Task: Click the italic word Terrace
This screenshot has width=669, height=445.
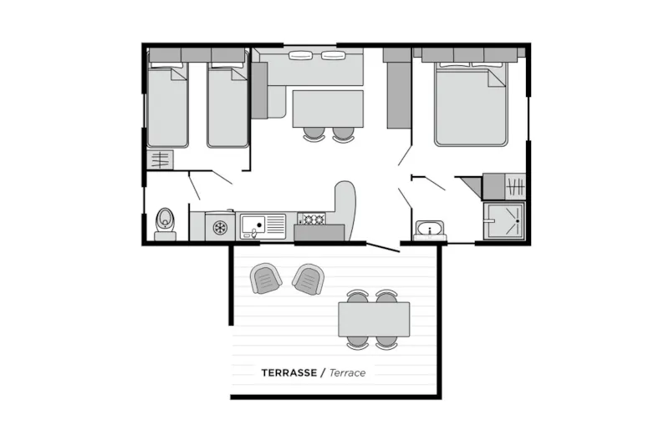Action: click(347, 373)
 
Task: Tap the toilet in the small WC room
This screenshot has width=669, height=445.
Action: click(165, 225)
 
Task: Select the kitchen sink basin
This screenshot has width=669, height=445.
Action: click(253, 225)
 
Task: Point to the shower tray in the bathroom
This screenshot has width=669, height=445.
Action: click(504, 221)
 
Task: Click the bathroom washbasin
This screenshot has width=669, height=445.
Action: click(430, 230)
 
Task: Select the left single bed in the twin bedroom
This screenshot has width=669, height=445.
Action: click(168, 104)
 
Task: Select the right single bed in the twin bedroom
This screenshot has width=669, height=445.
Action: click(227, 104)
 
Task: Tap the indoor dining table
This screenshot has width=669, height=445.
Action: click(328, 109)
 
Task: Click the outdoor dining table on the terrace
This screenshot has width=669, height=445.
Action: click(374, 320)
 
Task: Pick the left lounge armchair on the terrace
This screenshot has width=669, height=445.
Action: click(266, 278)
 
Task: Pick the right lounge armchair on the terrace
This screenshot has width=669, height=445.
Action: click(309, 280)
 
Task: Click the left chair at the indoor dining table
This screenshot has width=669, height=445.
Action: click(314, 134)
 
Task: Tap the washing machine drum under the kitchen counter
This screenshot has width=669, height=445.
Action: click(220, 227)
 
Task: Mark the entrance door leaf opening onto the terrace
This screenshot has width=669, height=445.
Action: click(383, 247)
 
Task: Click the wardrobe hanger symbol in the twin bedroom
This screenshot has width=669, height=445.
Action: click(161, 159)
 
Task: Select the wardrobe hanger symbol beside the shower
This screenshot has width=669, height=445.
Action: click(515, 186)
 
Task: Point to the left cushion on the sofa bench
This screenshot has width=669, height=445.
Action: click(301, 55)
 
